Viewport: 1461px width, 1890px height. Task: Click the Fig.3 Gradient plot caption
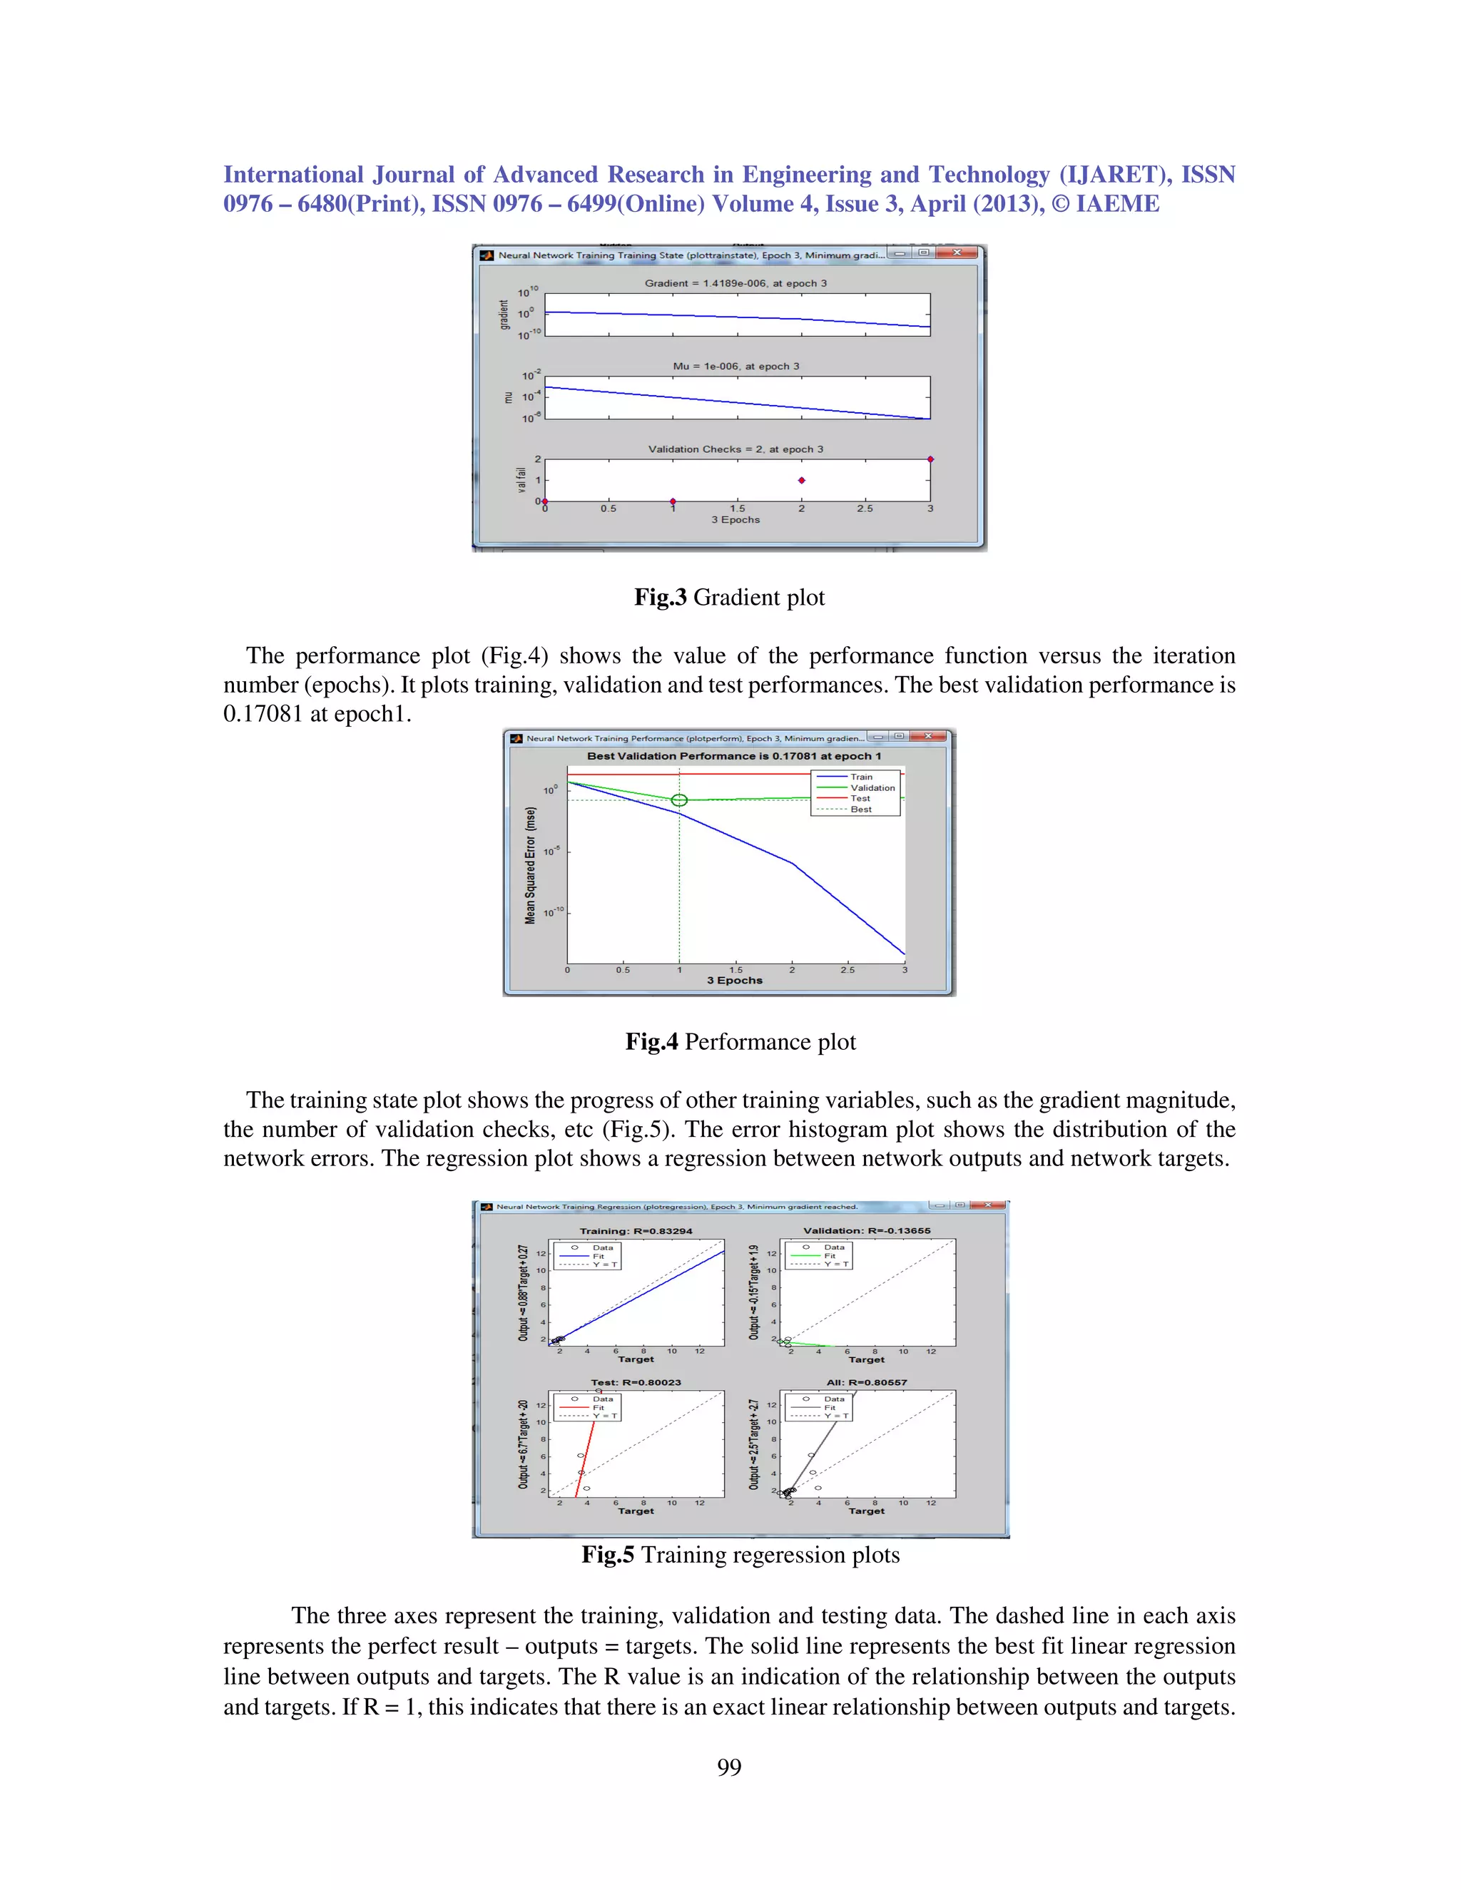coord(729,597)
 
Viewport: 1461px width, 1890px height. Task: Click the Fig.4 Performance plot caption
coord(740,1041)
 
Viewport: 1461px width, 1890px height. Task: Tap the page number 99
coord(729,1767)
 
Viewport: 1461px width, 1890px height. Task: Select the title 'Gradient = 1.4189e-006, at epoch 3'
coord(735,283)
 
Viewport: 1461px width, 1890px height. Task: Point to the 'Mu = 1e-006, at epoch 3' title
coord(735,366)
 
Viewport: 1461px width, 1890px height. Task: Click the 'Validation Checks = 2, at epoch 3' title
coord(735,449)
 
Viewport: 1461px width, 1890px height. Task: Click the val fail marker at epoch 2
coord(801,480)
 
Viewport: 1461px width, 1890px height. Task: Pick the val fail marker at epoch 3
coord(930,459)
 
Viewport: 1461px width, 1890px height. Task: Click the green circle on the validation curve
coord(679,800)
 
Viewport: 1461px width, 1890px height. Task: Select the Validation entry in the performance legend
coord(872,787)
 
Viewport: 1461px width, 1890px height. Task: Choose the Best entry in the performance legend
coord(860,809)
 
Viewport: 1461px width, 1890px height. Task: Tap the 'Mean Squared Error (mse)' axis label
coord(531,865)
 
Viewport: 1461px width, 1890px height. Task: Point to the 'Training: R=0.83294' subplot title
coord(636,1230)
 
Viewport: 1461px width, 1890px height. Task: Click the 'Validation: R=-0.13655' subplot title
coord(866,1230)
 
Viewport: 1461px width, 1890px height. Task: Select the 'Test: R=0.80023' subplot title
coord(636,1382)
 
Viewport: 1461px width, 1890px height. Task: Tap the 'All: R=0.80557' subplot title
coord(866,1382)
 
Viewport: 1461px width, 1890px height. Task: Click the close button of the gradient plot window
coord(957,252)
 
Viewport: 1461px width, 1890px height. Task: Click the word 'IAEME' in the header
coord(1116,204)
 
